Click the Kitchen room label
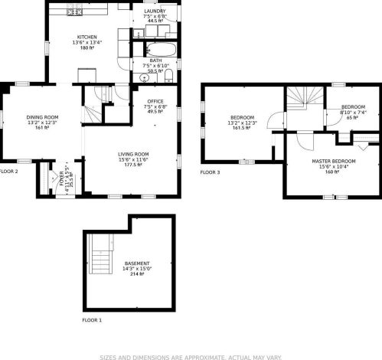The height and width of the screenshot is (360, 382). pyautogui.click(x=86, y=37)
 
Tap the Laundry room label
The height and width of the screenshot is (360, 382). pyautogui.click(x=155, y=11)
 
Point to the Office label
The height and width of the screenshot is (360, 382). pyautogui.click(x=155, y=100)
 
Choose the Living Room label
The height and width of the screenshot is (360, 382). pyautogui.click(x=133, y=154)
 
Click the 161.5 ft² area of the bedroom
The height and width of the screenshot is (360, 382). pyautogui.click(x=241, y=129)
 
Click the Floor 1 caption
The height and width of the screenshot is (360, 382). pyautogui.click(x=91, y=319)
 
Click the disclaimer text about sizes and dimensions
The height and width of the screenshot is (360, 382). pyautogui.click(x=191, y=355)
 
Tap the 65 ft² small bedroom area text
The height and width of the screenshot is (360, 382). pyautogui.click(x=353, y=118)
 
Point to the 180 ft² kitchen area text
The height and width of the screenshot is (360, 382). pyautogui.click(x=86, y=47)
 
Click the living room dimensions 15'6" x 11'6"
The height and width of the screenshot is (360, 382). pyautogui.click(x=133, y=159)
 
